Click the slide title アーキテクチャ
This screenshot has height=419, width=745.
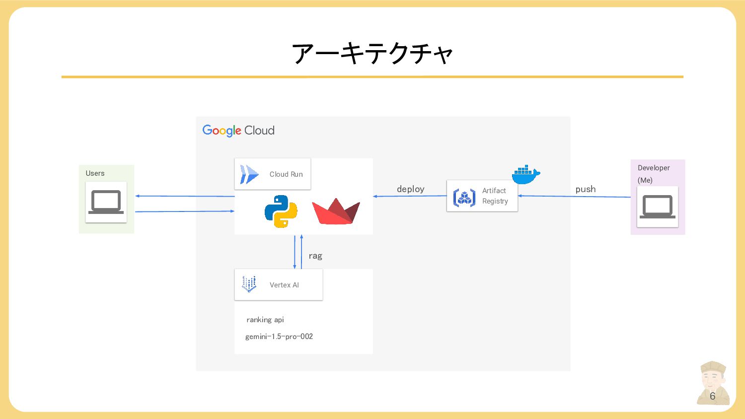372,54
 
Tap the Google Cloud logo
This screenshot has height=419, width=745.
238,131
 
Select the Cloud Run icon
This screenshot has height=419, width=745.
249,174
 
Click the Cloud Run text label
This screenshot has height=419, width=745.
286,174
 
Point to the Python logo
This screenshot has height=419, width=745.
281,211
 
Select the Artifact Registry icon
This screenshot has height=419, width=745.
464,198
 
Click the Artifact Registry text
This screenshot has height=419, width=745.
495,196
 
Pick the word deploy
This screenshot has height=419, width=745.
410,189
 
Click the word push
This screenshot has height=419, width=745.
586,189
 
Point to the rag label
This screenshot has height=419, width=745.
315,256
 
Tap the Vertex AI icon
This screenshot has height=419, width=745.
249,284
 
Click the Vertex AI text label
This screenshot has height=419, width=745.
284,285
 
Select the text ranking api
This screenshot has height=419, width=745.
265,320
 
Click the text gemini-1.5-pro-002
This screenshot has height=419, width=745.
279,337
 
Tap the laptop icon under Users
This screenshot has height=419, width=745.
106,202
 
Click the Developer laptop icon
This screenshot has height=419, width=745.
657,207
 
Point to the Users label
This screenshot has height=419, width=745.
95,173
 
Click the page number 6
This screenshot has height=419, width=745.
712,396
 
